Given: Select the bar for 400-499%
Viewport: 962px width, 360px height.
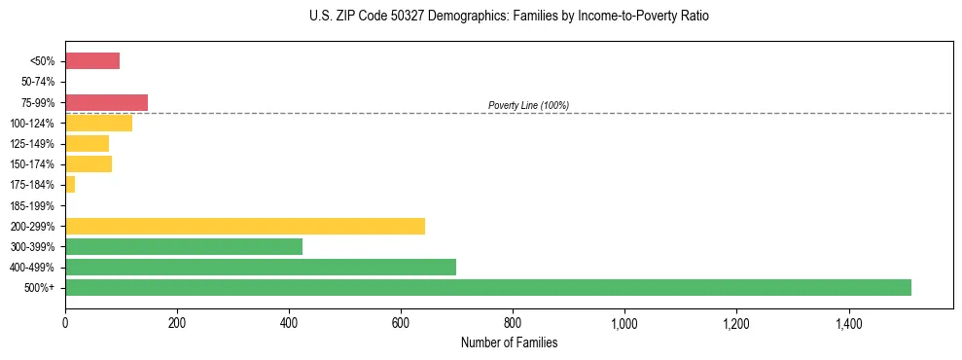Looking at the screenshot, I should coord(261,267).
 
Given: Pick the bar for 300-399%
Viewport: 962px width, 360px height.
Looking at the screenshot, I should coord(184,246).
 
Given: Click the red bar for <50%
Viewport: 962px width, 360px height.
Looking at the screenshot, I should coord(92,61).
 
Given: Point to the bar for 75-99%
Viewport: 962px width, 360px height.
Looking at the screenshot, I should coord(106,102).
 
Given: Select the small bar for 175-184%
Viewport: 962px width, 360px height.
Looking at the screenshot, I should coord(70,184).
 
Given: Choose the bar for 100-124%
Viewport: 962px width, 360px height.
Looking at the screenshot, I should coord(98,123).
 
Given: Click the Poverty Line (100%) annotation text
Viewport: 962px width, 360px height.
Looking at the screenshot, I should coord(528,105).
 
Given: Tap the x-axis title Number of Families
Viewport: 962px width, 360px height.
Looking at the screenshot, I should coord(509,342).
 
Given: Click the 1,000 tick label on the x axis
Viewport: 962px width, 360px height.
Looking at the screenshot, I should coord(624,323).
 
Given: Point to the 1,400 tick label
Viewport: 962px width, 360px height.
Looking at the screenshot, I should coord(848,323).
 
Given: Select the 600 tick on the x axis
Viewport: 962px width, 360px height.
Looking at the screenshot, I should coord(401,323).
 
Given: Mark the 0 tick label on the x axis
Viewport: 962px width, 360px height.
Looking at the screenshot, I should coord(65,323).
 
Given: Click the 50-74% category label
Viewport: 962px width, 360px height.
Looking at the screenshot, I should coord(38,82).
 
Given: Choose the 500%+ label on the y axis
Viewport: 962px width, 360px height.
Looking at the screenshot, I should coord(41,287).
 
